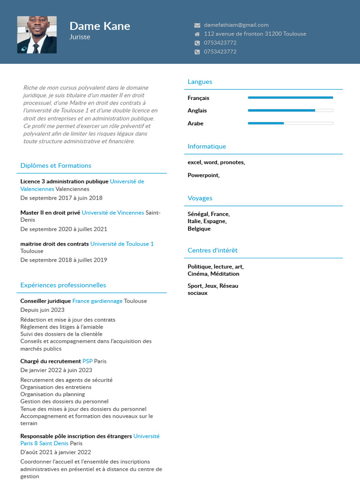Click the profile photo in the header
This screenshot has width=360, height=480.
click(x=37, y=35)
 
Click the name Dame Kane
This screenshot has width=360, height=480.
click(x=99, y=26)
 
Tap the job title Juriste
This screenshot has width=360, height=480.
click(x=80, y=37)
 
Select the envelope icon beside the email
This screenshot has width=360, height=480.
click(x=197, y=25)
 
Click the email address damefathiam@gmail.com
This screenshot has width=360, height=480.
click(x=236, y=25)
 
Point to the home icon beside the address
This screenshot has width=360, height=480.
click(x=197, y=34)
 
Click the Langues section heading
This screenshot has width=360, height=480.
click(x=200, y=82)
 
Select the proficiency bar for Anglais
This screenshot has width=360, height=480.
click(x=290, y=111)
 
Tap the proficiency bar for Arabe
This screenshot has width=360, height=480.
click(x=290, y=123)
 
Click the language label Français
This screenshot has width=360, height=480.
click(x=198, y=98)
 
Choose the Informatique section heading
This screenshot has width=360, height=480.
click(x=207, y=146)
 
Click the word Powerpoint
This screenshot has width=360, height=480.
click(x=203, y=175)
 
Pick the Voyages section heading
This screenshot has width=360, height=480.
click(x=200, y=198)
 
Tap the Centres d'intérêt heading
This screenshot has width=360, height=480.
click(x=212, y=250)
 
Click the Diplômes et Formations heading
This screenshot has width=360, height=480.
click(x=56, y=165)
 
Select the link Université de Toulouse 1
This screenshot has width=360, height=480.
click(x=122, y=244)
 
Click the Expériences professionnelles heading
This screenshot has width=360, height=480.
click(x=63, y=285)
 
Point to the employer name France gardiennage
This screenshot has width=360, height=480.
click(x=97, y=301)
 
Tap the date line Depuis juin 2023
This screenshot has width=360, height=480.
click(x=42, y=310)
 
